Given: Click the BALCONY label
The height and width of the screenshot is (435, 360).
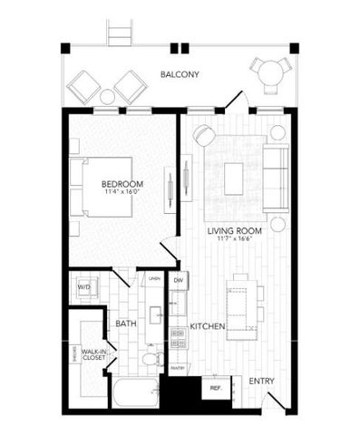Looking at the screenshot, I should pyautogui.click(x=180, y=74).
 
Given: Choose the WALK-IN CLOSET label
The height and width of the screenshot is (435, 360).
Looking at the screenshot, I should pyautogui.click(x=94, y=354).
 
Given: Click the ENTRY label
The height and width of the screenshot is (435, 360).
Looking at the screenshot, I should pyautogui.click(x=261, y=382).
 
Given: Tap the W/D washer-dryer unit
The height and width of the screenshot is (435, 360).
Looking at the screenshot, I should pyautogui.click(x=84, y=287).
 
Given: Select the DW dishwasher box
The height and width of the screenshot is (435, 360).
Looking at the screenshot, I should pyautogui.click(x=179, y=282).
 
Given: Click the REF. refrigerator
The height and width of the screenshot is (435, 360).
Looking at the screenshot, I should pyautogui.click(x=215, y=387).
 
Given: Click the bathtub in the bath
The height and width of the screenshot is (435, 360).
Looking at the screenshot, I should pyautogui.click(x=132, y=396).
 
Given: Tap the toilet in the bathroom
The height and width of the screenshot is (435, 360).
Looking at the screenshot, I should pyautogui.click(x=149, y=361).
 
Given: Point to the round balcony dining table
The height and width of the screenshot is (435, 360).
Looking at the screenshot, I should pyautogui.click(x=268, y=72).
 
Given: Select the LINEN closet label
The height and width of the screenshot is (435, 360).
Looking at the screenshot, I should pyautogui.click(x=155, y=278).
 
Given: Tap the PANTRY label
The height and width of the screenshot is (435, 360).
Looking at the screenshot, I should pyautogui.click(x=178, y=367).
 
